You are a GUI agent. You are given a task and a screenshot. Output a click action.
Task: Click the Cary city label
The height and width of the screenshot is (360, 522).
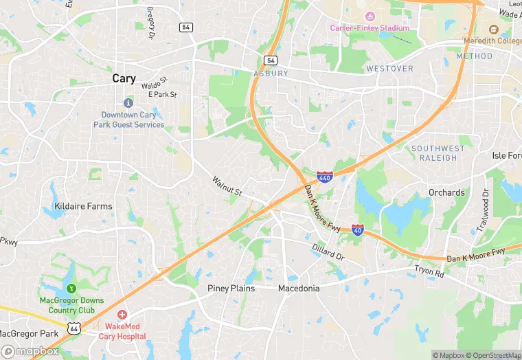pyautogui.click(x=124, y=79)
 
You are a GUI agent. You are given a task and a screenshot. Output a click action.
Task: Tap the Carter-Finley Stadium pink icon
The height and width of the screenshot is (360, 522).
pyautogui.click(x=370, y=16)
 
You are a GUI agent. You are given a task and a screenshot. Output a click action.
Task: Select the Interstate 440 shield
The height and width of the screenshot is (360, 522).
pyautogui.click(x=326, y=177)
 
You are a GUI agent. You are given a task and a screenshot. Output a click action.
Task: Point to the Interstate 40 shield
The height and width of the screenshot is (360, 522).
pyautogui.click(x=358, y=229)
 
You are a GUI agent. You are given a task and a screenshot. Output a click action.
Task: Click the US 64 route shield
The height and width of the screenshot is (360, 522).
pyautogui.click(x=73, y=328)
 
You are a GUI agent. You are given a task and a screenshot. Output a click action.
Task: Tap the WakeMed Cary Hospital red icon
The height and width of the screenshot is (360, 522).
pyautogui.click(x=122, y=314)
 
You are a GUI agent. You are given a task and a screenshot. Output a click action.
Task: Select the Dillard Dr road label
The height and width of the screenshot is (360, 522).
pyautogui.click(x=328, y=251)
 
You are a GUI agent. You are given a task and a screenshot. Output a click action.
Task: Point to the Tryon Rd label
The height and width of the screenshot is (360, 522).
pyautogui.click(x=429, y=272)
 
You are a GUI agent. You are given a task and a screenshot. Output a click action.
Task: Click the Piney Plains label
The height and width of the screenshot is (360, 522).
pyautogui.click(x=231, y=289)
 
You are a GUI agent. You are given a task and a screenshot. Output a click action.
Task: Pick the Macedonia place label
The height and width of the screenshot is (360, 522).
pyautogui.click(x=299, y=289)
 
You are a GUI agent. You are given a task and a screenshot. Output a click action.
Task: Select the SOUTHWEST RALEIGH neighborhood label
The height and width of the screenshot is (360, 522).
pyautogui.click(x=438, y=153)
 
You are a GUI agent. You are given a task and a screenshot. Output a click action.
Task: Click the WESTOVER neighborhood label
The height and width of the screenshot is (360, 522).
pyautogui.click(x=389, y=69)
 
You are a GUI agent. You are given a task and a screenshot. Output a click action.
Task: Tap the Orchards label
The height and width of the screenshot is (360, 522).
pyautogui.click(x=446, y=192)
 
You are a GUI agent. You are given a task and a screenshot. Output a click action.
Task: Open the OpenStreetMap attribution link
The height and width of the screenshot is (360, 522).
pyautogui.click(x=492, y=355)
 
